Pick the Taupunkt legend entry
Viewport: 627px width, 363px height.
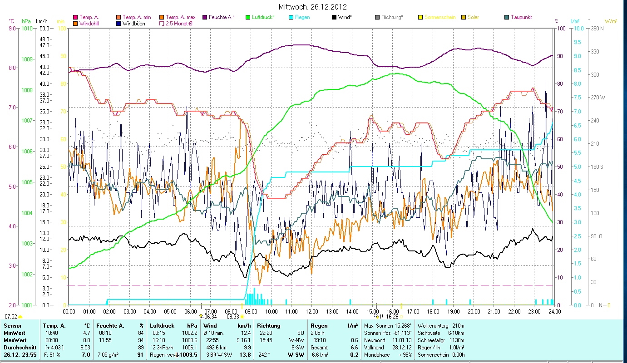point(521,17)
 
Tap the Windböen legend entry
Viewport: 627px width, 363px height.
point(133,23)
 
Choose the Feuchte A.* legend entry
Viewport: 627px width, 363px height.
point(222,17)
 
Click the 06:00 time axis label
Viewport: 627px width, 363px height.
point(190,312)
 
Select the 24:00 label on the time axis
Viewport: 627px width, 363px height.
point(554,312)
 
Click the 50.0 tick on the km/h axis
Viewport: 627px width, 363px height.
point(44,28)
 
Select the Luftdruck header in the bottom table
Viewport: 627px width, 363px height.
point(163,326)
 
